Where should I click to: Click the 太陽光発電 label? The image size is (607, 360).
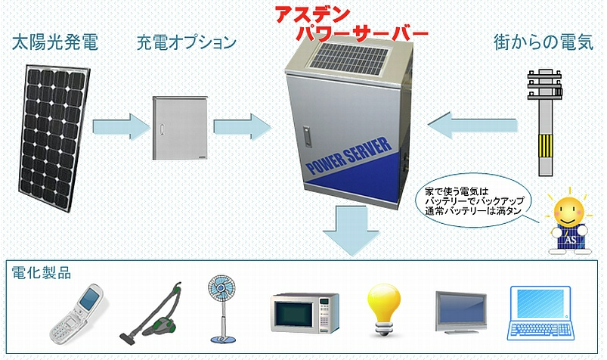[54, 42]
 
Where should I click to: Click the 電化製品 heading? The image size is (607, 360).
[42, 273]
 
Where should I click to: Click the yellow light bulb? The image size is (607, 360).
[384, 306]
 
